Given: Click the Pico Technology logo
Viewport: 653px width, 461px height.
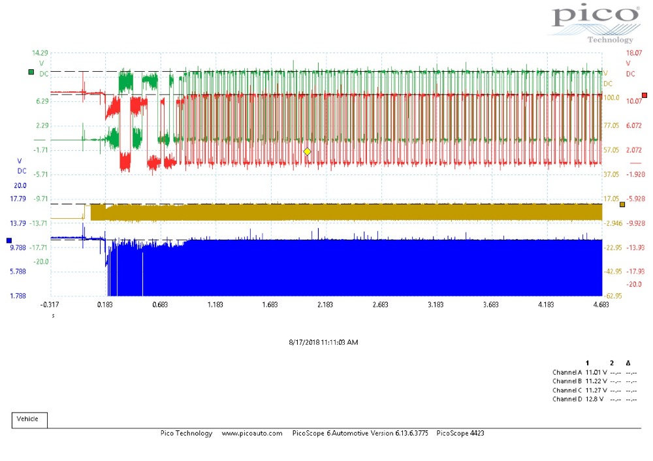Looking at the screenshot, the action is click(596, 24).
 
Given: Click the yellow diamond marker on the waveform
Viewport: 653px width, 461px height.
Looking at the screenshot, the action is click(307, 151).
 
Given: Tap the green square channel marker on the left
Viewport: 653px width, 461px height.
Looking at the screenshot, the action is click(31, 72).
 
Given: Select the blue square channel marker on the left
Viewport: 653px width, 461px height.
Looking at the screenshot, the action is click(9, 240).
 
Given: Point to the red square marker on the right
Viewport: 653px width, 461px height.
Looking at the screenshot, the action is click(645, 95).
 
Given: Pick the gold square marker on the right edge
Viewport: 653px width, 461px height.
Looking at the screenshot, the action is click(622, 204).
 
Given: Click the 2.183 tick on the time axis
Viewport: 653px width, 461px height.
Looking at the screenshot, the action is click(325, 304).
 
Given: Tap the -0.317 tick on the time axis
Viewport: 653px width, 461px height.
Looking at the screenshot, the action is click(50, 304).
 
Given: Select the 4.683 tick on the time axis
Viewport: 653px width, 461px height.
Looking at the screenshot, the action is click(601, 304).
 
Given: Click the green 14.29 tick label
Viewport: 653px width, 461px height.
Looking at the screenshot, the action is click(40, 53).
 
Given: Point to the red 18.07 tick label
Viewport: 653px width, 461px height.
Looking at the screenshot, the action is click(634, 53).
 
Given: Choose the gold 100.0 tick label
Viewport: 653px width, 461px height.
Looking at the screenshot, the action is click(611, 97).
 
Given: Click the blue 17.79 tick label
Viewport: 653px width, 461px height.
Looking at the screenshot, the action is click(18, 199).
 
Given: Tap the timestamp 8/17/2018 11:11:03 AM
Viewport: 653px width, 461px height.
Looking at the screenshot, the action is click(324, 342).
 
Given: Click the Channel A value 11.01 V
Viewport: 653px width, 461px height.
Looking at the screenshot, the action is click(596, 372).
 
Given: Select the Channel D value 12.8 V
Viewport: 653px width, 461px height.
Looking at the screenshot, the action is click(594, 399).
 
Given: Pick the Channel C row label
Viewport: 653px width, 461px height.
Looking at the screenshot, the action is click(567, 390).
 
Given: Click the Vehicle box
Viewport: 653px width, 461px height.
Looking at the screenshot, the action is click(29, 420).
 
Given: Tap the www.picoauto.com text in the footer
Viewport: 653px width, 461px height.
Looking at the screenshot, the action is click(252, 433).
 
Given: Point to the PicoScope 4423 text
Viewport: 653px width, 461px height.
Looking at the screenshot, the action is click(460, 433).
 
